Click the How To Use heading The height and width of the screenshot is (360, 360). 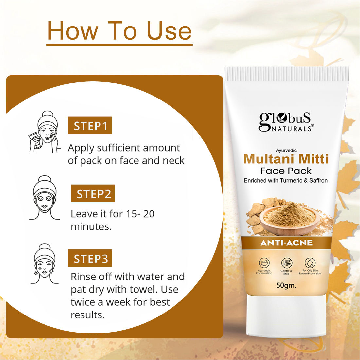click(119, 31)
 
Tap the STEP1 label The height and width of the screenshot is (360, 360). click(90, 126)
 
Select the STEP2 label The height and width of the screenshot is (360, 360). click(93, 194)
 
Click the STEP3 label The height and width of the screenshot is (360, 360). click(90, 259)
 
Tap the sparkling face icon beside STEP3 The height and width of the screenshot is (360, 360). click(45, 264)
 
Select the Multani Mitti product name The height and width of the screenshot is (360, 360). click(286, 159)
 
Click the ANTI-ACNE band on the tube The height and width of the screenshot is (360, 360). click(286, 243)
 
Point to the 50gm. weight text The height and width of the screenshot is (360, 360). click(286, 285)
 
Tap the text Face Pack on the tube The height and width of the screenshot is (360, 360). click(286, 171)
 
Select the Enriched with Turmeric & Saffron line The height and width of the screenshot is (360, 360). click(286, 180)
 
